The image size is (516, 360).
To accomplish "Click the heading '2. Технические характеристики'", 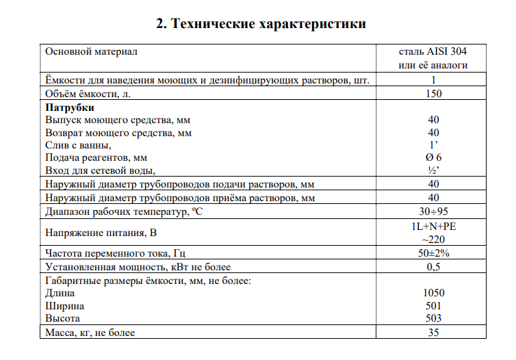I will click(x=261, y=24).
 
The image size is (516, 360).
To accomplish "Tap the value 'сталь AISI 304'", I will click(x=433, y=51).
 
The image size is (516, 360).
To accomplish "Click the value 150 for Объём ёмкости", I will click(x=433, y=94).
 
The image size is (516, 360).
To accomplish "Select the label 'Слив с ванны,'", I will click(x=77, y=145).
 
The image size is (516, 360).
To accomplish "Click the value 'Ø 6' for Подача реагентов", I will click(x=433, y=157).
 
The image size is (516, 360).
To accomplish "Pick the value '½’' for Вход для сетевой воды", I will click(x=433, y=170).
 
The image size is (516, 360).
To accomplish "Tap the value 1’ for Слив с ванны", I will click(x=433, y=145).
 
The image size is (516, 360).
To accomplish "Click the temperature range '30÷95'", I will click(x=433, y=211).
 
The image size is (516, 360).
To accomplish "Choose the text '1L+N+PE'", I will click(x=433, y=227).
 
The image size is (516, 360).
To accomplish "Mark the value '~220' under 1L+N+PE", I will click(x=433, y=240).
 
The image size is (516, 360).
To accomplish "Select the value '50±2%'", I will click(x=433, y=253).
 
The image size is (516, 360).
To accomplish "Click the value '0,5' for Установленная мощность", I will click(x=433, y=267).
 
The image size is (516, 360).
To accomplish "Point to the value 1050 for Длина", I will click(x=433, y=293).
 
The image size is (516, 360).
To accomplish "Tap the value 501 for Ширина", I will click(x=433, y=306).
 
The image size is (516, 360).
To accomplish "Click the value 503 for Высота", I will click(x=433, y=319).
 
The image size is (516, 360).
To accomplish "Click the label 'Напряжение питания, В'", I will click(x=101, y=233).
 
